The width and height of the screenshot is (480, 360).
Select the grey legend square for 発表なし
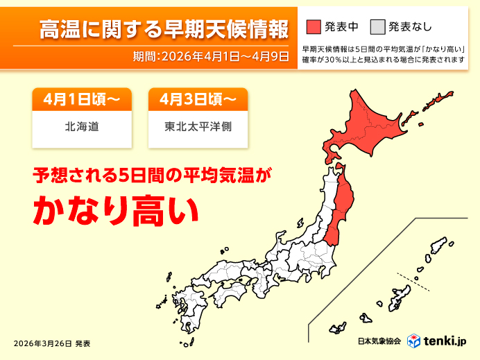(x=377, y=26)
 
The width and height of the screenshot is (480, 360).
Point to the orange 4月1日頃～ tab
(x=81, y=100)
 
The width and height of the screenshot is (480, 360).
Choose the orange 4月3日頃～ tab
(x=198, y=100)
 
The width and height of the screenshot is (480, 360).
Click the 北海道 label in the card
(x=81, y=128)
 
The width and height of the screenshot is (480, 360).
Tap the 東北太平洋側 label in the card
(x=198, y=128)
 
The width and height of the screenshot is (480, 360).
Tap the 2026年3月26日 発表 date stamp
(x=52, y=343)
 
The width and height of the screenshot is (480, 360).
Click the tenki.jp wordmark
(x=446, y=341)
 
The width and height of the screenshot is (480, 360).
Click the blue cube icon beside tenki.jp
(x=414, y=341)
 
